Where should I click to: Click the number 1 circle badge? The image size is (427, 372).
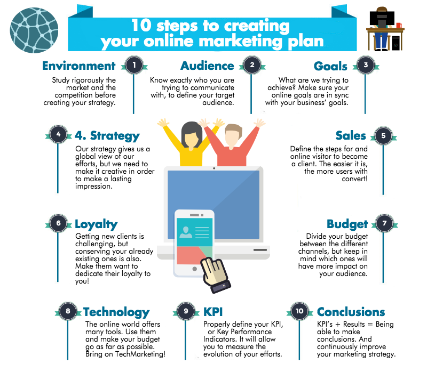click(x=133, y=65)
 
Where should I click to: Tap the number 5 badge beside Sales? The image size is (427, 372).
click(x=383, y=135)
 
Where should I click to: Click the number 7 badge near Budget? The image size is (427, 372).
click(x=383, y=224)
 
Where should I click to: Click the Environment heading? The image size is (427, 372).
click(x=78, y=66)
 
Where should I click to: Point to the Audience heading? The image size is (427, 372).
click(x=207, y=66)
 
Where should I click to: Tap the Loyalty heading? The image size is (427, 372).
click(x=96, y=224)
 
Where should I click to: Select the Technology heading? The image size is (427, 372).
click(x=116, y=312)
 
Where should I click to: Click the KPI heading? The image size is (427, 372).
click(x=213, y=312)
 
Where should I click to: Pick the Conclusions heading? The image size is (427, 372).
click(x=351, y=312)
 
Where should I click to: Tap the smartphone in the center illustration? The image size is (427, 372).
click(x=194, y=242)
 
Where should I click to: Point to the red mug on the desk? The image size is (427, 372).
click(x=399, y=25)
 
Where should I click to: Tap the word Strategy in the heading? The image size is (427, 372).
click(x=115, y=135)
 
